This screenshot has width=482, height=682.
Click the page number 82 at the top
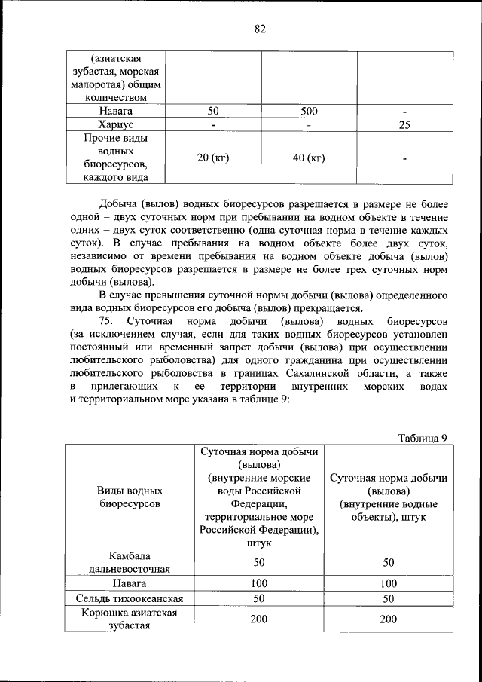[260, 29]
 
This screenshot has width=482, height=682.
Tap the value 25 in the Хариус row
[404, 125]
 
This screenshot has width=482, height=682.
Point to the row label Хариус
[115, 125]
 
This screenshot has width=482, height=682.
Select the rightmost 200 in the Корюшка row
[388, 619]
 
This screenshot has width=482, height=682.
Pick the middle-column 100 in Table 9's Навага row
[259, 583]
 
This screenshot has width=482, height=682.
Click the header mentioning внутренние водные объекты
[388, 497]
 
